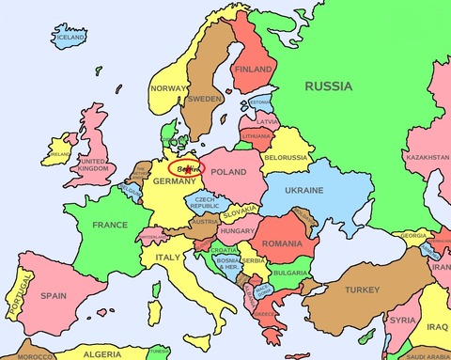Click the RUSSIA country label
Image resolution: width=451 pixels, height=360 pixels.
click(328, 86)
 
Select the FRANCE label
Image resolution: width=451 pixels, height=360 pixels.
click(110, 225)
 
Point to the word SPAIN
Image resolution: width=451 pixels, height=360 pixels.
click(53, 295)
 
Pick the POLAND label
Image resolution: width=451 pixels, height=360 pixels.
click(228, 173)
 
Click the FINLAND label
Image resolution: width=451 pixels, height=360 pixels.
click(253, 70)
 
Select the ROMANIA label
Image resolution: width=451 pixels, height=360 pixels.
click(282, 243)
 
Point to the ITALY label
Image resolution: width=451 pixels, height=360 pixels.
click(168, 256)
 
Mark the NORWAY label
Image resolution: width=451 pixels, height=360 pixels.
click(167, 88)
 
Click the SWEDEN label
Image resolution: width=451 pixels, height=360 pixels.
click(205, 98)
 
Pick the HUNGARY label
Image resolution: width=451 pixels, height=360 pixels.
click(238, 229)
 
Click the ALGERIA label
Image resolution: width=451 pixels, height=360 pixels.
click(102, 354)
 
